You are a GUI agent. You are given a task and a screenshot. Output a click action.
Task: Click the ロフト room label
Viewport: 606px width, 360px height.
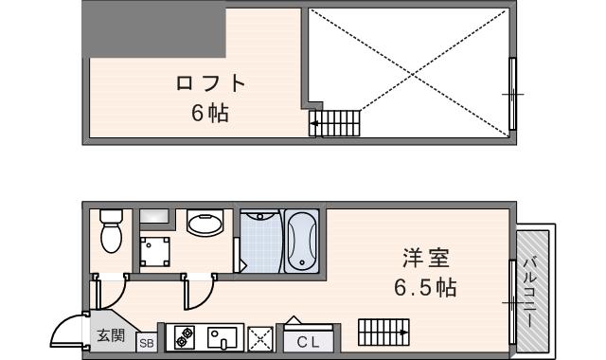211,83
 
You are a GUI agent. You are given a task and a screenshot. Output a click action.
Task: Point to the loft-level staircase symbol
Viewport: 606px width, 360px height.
335,122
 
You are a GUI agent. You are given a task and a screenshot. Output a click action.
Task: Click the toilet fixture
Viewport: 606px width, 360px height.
111,230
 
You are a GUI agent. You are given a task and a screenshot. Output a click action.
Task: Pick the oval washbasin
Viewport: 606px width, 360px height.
205,225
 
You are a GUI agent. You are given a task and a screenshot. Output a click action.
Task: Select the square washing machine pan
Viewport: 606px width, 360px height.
154,252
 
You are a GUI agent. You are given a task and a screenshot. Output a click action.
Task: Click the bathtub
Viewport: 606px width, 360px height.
302,243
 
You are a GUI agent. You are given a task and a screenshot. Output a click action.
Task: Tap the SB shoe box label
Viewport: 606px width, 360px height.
148,343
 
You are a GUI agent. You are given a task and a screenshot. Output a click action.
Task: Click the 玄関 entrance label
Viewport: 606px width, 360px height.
112,336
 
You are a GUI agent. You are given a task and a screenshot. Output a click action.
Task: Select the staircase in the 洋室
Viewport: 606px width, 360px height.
383,332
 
